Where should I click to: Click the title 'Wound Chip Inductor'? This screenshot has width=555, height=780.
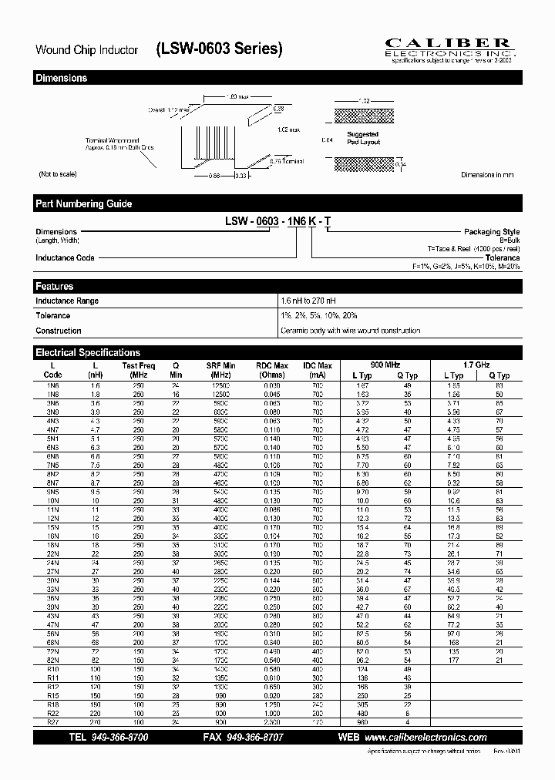[x=86, y=50]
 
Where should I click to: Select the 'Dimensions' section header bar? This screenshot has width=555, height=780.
[x=62, y=78]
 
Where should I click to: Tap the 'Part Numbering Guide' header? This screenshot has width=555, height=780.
[x=83, y=203]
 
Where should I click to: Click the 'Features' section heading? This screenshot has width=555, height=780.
[x=55, y=286]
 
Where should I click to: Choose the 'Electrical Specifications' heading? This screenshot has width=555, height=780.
[x=88, y=352]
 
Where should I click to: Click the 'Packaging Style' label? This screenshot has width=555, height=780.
[x=491, y=232]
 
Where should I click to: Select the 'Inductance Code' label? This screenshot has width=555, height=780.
[x=65, y=257]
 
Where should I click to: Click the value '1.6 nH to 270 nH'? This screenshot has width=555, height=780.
[x=308, y=301]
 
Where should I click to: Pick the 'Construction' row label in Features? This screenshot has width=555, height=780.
[x=59, y=331]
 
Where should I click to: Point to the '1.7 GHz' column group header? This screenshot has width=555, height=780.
[x=476, y=364]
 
